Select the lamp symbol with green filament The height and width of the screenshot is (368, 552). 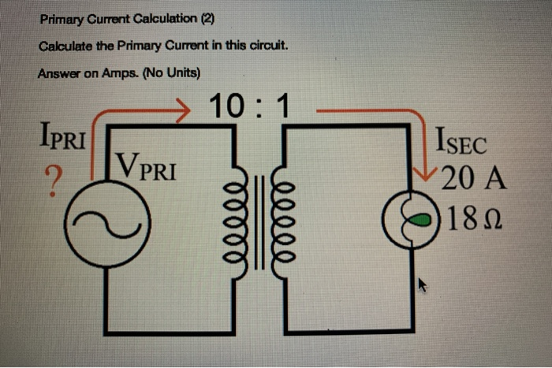(412, 218)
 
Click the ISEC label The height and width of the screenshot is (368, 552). (462, 145)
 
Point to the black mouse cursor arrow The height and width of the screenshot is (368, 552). (422, 284)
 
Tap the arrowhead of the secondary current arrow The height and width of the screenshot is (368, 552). (431, 172)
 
